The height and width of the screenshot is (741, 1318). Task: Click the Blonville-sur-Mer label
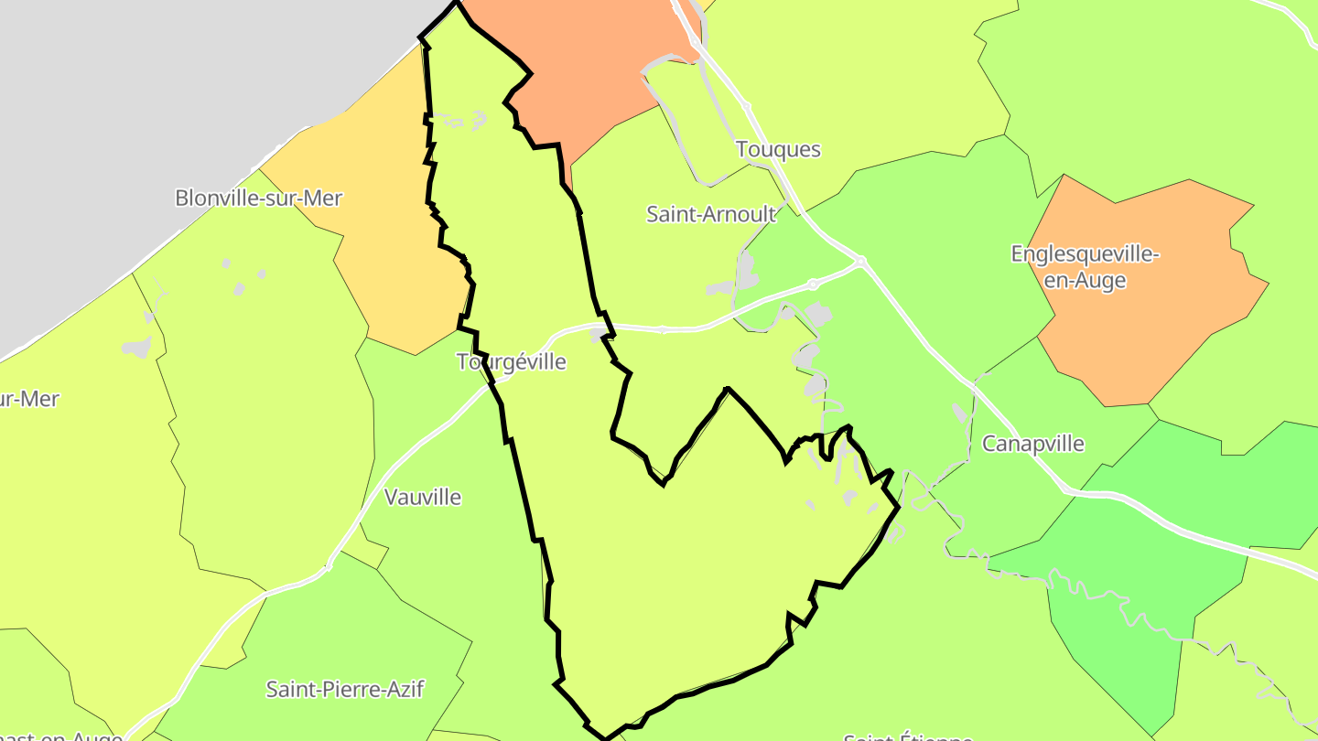tap(258, 198)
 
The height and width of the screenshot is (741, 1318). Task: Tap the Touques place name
tap(778, 149)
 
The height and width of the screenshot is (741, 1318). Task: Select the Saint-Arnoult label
tap(711, 214)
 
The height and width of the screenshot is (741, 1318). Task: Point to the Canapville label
tap(1032, 444)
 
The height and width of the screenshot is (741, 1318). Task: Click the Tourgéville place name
tap(512, 362)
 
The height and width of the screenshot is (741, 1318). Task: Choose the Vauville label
tap(423, 498)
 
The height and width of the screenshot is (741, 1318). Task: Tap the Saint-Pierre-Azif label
tap(345, 689)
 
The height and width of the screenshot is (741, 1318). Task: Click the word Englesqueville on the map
tap(1085, 253)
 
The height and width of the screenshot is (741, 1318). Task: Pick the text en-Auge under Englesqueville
tap(1085, 281)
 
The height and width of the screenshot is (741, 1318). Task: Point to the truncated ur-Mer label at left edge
tap(29, 399)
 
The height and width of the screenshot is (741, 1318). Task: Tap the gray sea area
tap(137, 110)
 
